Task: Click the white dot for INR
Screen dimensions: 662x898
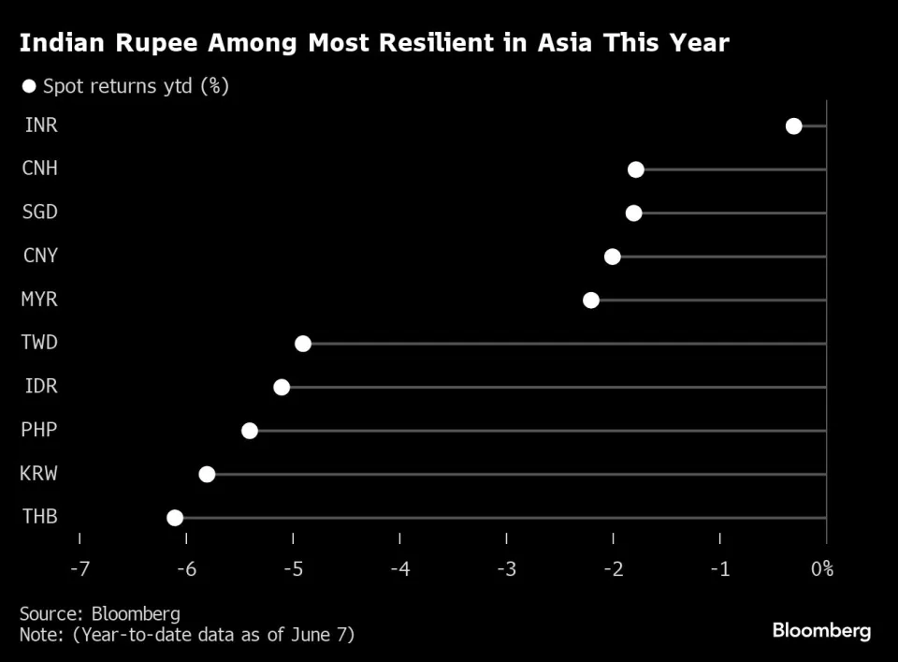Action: (x=793, y=126)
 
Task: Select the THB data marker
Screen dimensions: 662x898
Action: (x=175, y=518)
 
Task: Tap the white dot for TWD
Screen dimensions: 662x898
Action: (x=303, y=344)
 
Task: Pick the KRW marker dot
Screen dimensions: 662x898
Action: (x=207, y=474)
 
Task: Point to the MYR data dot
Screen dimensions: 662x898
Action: (x=591, y=300)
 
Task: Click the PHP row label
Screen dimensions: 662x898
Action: (x=38, y=430)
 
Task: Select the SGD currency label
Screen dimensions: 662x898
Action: (x=39, y=212)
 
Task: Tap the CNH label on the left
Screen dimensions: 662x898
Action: (x=39, y=169)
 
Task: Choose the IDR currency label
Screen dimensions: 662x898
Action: (x=38, y=386)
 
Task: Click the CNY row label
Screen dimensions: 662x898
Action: (x=39, y=256)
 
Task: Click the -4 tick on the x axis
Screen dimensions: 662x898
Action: (x=400, y=568)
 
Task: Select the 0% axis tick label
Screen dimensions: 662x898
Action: (x=821, y=568)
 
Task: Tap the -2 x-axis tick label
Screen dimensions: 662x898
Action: (x=614, y=568)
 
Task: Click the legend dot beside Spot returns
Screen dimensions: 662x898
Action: (x=29, y=86)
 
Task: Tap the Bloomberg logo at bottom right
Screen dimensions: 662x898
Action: (x=821, y=631)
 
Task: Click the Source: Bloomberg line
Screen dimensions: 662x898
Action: (x=100, y=614)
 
